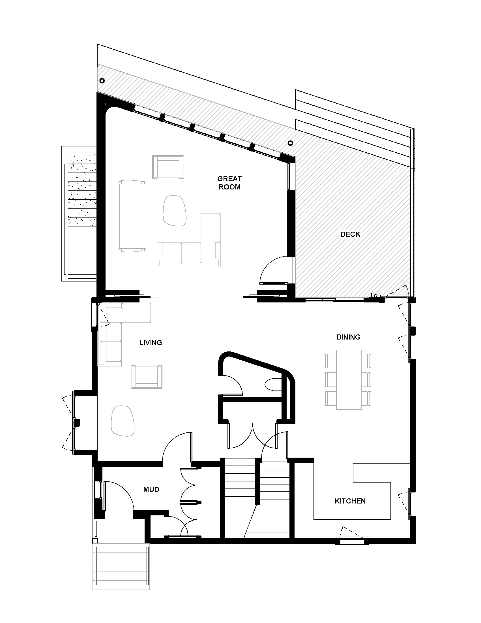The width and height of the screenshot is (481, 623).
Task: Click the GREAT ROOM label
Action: [x=229, y=183]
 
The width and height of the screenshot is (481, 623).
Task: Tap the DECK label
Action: [x=350, y=234]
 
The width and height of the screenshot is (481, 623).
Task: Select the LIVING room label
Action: [x=151, y=343]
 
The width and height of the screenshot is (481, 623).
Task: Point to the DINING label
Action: [x=348, y=337]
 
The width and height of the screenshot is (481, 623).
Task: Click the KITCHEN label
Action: [x=350, y=501]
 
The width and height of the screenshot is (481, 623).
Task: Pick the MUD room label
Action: [x=151, y=490]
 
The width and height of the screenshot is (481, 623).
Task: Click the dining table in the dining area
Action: [x=349, y=379]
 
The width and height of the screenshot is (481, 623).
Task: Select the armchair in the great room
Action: [x=168, y=167]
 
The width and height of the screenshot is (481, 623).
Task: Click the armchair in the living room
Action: [x=147, y=377]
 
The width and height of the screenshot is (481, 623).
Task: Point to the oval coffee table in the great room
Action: [x=174, y=210]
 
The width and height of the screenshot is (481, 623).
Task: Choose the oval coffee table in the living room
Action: [x=123, y=421]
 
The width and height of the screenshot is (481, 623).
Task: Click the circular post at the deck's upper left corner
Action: [x=102, y=81]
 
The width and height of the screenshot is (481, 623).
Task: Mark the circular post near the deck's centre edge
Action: [x=290, y=143]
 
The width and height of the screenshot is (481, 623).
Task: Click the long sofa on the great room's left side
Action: [x=132, y=216]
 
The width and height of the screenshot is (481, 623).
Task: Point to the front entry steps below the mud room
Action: [x=121, y=566]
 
